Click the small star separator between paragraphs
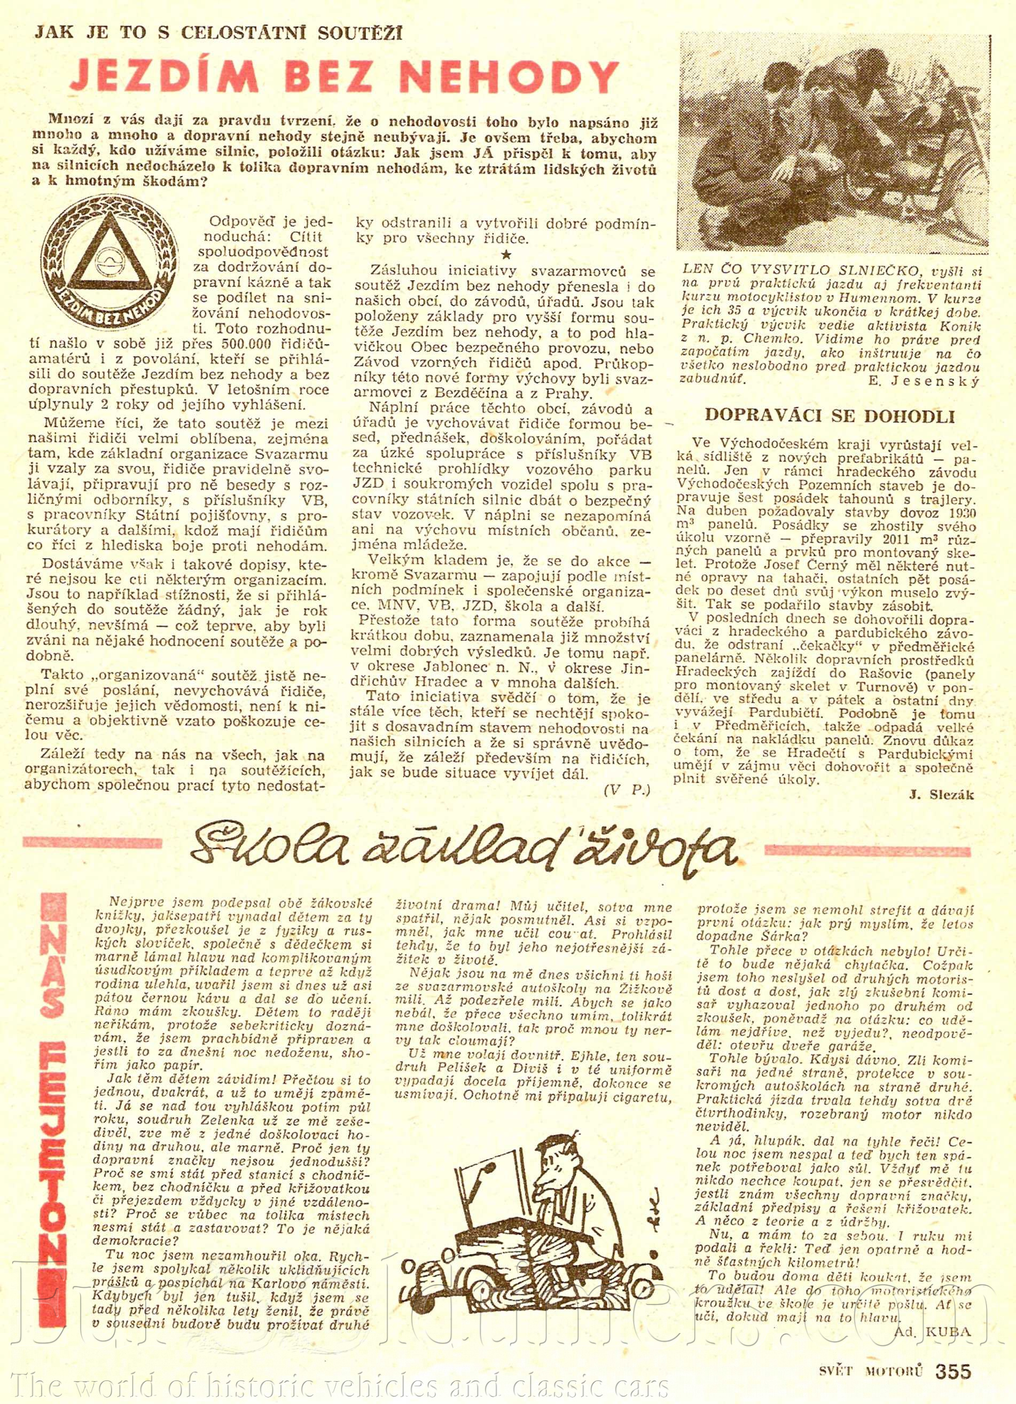point(507,254)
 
